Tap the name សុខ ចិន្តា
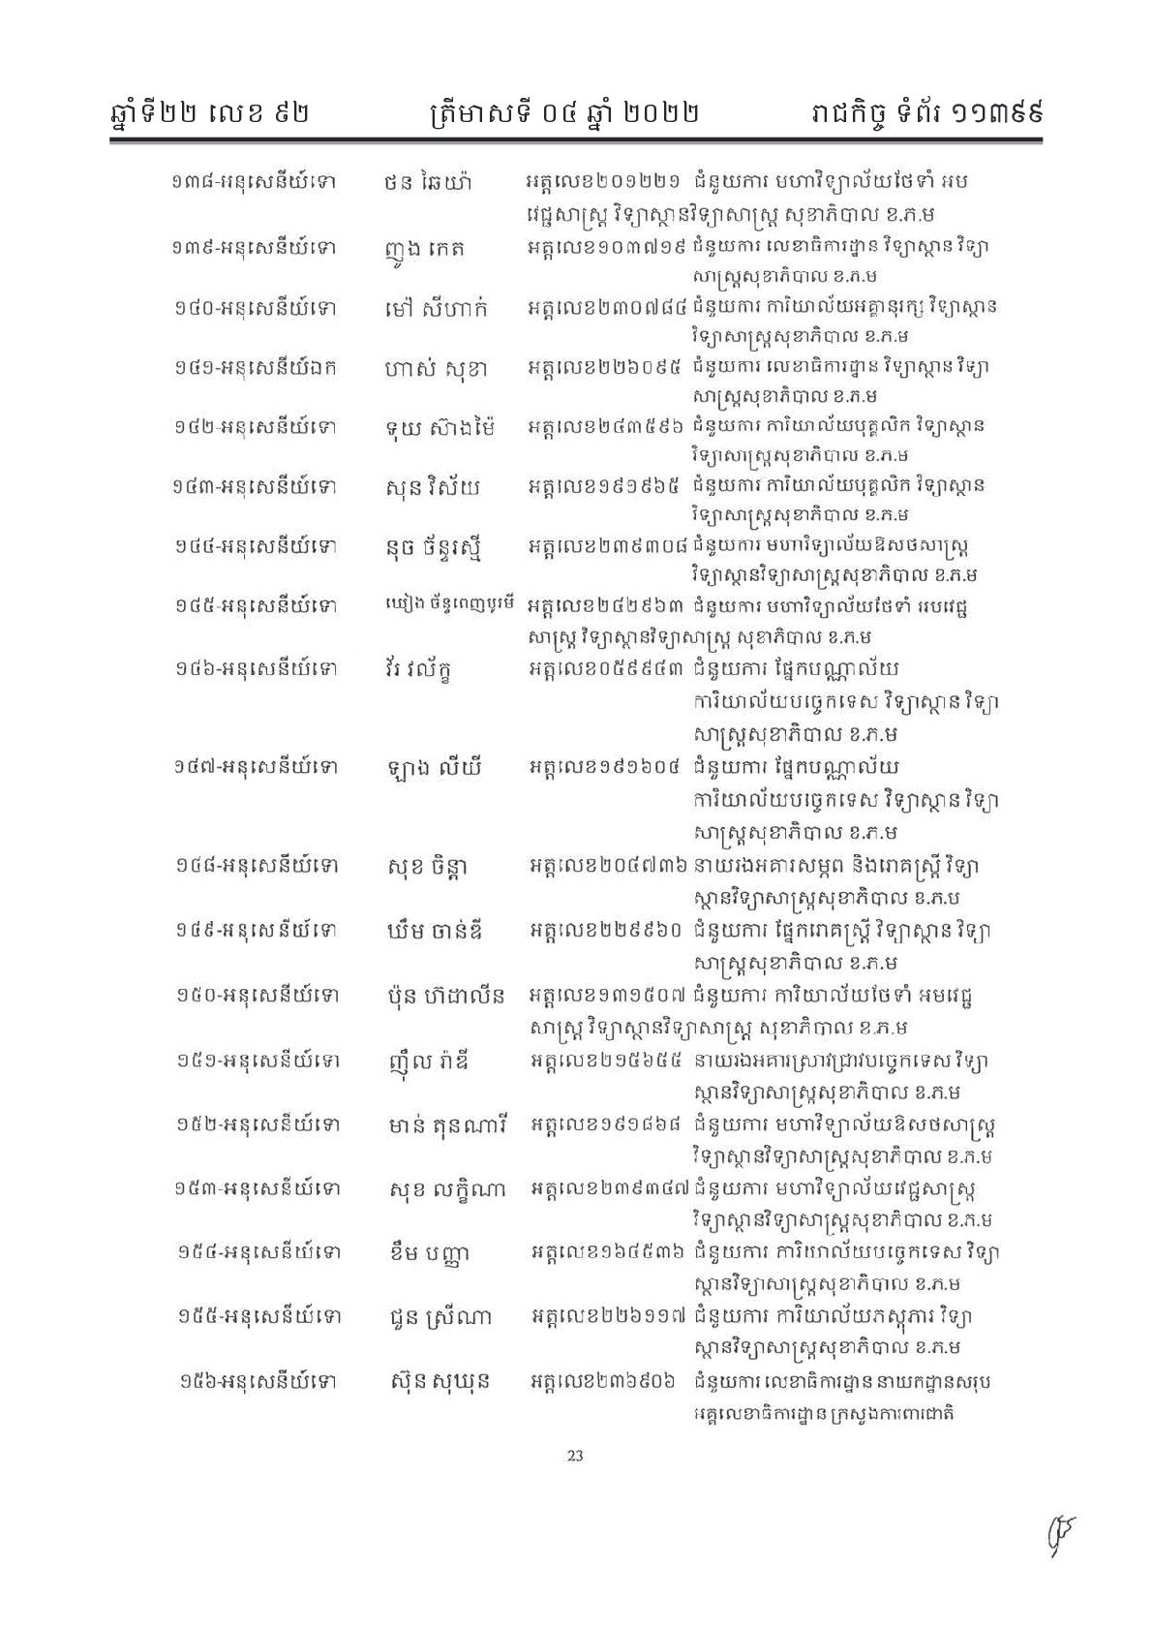pyautogui.click(x=427, y=865)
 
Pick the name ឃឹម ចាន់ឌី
pyautogui.click(x=434, y=931)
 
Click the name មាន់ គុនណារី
pyautogui.click(x=445, y=1124)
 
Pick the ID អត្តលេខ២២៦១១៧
pyautogui.click(x=609, y=1316)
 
